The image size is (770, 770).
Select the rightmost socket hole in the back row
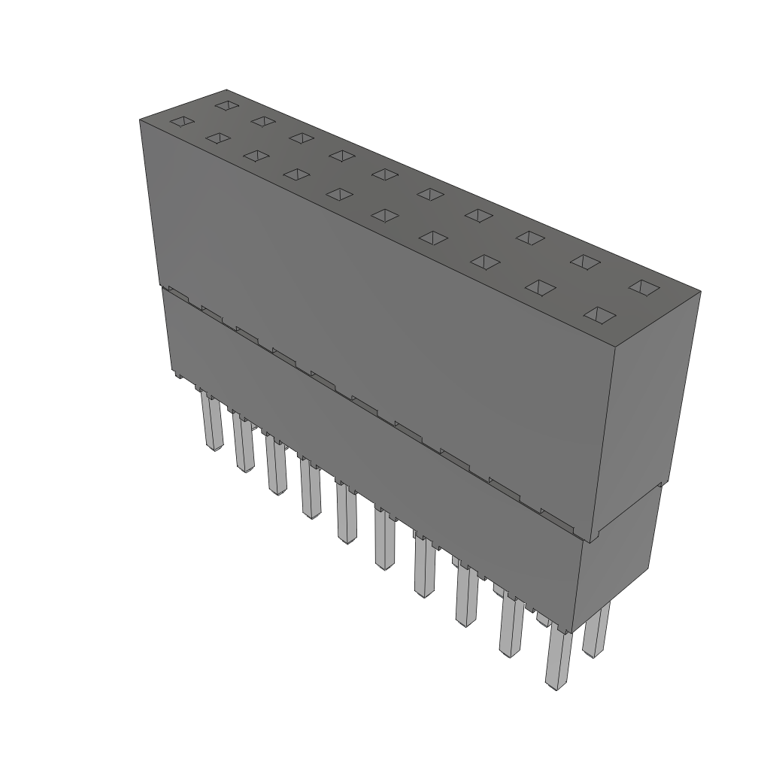tap(644, 286)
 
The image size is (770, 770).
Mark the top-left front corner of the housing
tap(141, 120)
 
